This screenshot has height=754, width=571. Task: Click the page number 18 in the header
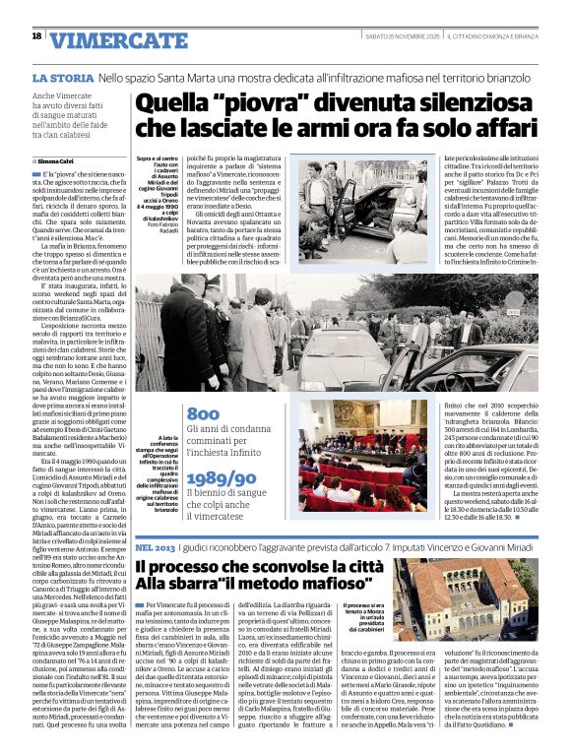click(36, 36)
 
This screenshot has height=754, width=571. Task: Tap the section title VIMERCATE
click(118, 40)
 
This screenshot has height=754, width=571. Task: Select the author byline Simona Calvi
click(61, 159)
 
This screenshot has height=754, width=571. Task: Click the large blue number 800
click(202, 414)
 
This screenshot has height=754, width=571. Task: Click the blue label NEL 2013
click(156, 546)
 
